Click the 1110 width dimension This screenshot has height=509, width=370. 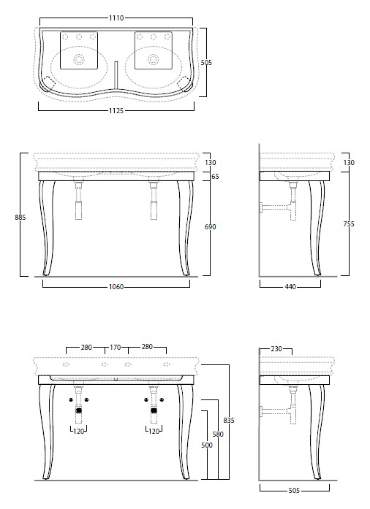click(x=116, y=18)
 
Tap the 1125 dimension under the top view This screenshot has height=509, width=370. click(x=116, y=111)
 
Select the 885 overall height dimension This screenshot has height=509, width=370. click(x=20, y=217)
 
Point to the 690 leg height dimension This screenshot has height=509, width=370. click(x=211, y=227)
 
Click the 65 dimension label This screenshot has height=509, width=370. click(x=215, y=176)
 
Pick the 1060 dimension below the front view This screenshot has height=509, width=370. click(x=116, y=287)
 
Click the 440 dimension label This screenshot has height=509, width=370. click(x=290, y=287)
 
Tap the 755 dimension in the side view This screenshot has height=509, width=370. click(x=349, y=224)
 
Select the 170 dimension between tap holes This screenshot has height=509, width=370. click(x=116, y=348)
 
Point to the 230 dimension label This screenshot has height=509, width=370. click(x=276, y=349)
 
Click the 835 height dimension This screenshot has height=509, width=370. click(x=229, y=421)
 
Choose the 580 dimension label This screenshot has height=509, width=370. click(x=218, y=434)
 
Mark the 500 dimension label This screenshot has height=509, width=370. click(x=207, y=445)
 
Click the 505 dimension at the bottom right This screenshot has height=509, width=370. click(x=294, y=491)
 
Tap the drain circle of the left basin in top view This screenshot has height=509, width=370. click(x=79, y=59)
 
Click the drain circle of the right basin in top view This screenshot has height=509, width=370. click(x=153, y=59)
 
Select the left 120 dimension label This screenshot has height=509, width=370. click(x=79, y=431)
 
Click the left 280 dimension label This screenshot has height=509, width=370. click(x=86, y=348)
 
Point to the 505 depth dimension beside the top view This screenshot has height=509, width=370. click(x=206, y=62)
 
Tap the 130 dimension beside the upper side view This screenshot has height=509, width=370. click(x=349, y=162)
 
